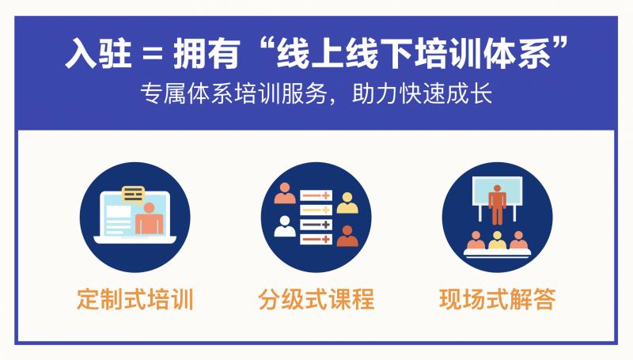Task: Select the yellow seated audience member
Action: tap(497, 239)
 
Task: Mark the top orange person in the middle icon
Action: tap(284, 194)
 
